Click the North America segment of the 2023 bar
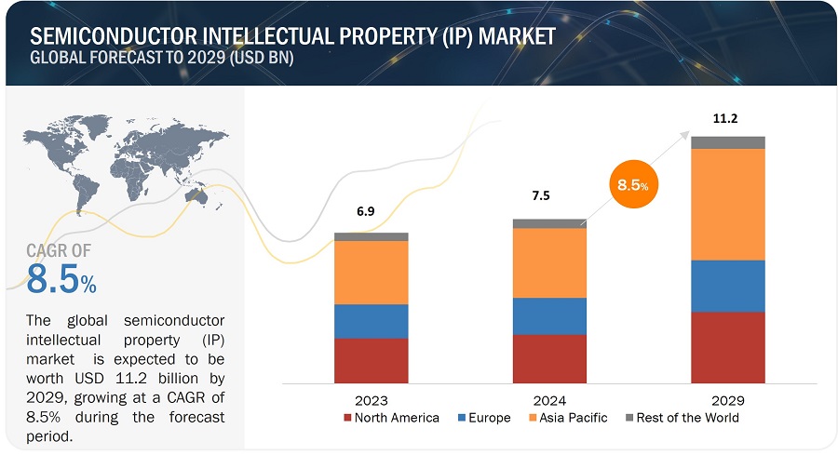[371, 361]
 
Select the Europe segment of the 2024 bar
[549, 316]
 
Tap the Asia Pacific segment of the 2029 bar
[727, 205]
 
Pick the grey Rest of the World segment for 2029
[727, 142]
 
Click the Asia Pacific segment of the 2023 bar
[371, 273]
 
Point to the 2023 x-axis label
[371, 400]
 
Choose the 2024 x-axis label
[549, 400]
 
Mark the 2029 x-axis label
[727, 400]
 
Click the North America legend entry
[390, 418]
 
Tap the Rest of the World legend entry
[683, 418]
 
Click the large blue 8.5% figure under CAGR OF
[61, 277]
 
